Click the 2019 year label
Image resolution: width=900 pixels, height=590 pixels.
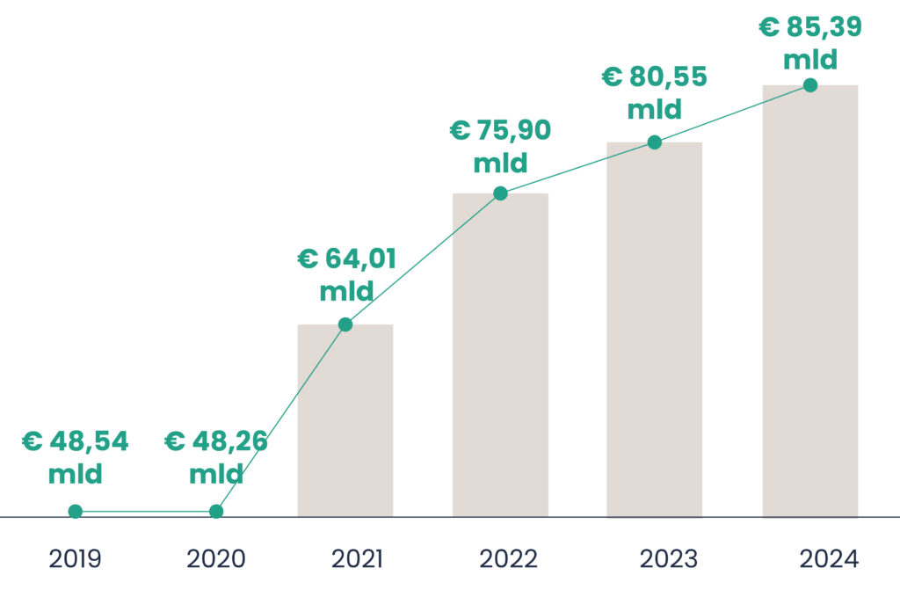click(76, 559)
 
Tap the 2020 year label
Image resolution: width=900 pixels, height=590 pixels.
click(216, 559)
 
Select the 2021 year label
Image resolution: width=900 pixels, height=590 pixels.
click(357, 559)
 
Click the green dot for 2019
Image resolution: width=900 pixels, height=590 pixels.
click(76, 512)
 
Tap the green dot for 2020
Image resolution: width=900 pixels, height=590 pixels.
click(216, 512)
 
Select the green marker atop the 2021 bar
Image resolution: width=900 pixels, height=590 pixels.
click(345, 324)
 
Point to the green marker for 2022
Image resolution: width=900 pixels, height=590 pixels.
click(500, 193)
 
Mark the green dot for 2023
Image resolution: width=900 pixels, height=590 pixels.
click(655, 142)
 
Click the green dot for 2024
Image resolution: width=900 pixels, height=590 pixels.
click(810, 85)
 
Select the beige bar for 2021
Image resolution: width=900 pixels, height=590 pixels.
click(345, 422)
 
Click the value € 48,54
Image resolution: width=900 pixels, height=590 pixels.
click(76, 442)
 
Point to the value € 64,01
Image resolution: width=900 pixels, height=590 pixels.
click(346, 259)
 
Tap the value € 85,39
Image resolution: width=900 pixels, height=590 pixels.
click(810, 27)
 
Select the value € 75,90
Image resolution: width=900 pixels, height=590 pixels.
click(500, 131)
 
